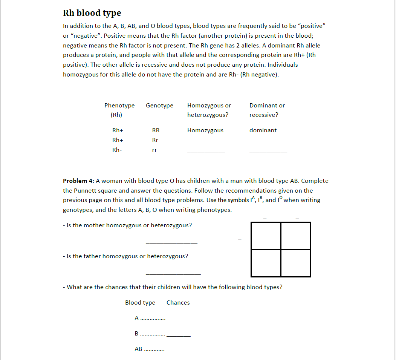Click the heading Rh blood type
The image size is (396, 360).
[92, 13]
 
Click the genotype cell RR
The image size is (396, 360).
[156, 130]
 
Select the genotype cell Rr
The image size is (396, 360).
[155, 140]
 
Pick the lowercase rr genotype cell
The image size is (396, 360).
[154, 150]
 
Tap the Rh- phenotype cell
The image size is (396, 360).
[117, 150]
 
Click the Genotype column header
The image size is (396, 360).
[159, 106]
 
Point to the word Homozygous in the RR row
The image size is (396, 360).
[205, 130]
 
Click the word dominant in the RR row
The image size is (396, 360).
[263, 130]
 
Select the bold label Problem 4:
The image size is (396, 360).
[78, 181]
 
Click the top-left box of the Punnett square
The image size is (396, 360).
[266, 236]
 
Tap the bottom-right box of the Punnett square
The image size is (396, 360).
[296, 263]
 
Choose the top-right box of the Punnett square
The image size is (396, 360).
[296, 236]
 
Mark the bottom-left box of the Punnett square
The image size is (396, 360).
[266, 263]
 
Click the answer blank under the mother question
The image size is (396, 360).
[171, 241]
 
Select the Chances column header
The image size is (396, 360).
[178, 303]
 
